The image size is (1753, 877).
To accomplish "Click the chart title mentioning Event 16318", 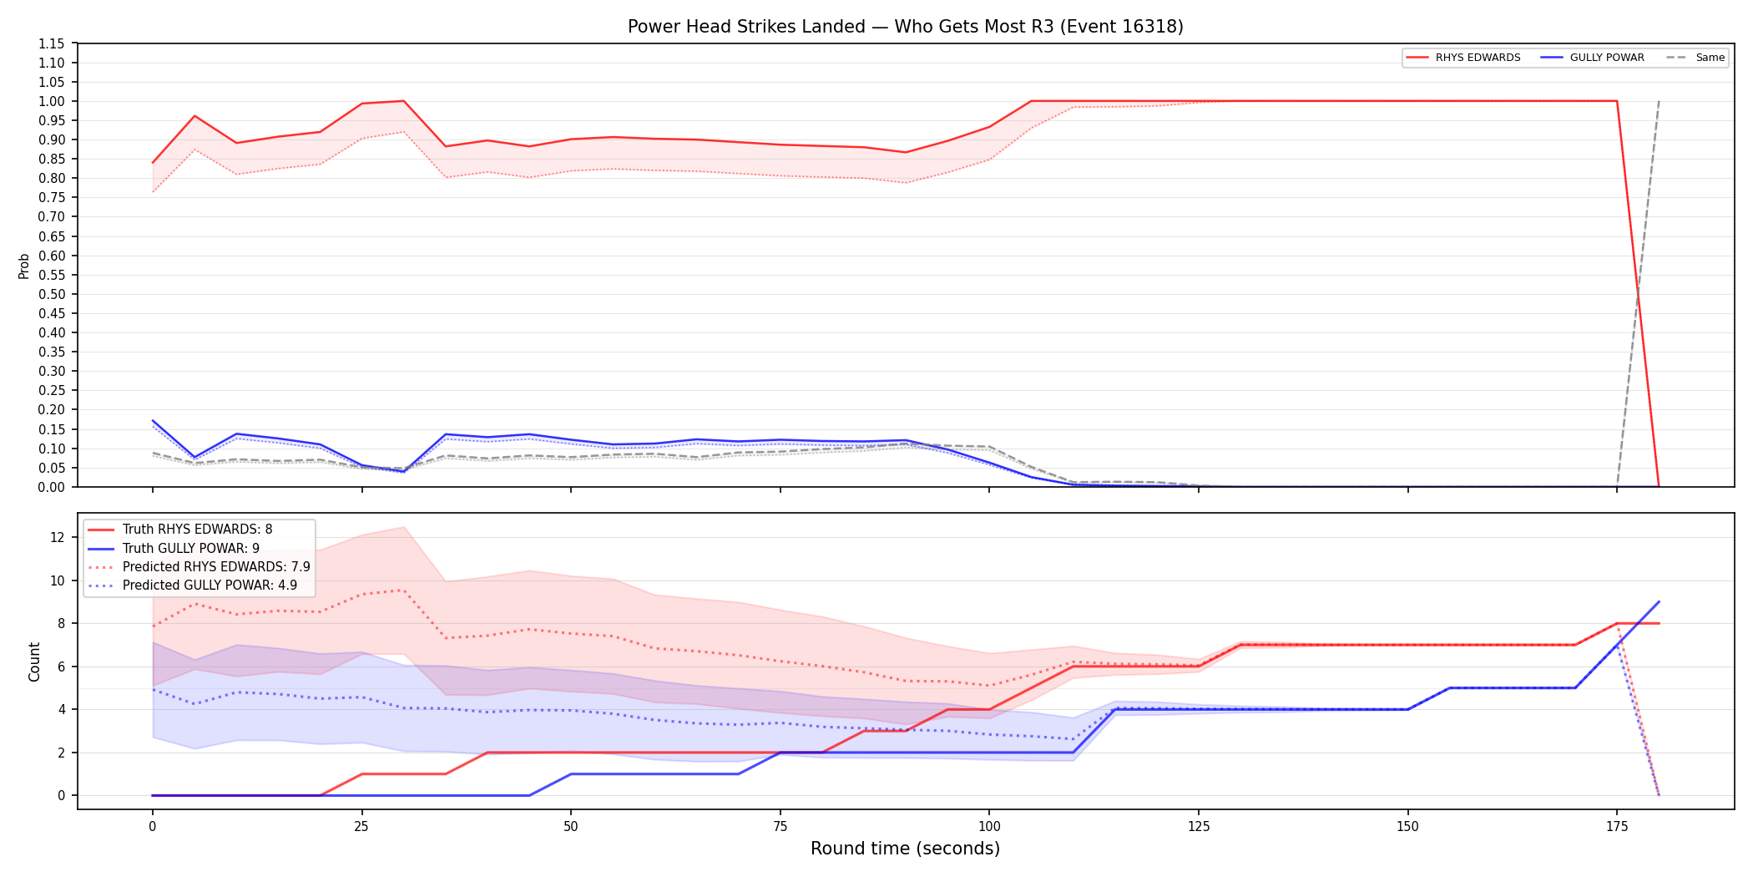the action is point(905,27).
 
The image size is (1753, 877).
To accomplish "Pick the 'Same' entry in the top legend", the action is point(1695,58).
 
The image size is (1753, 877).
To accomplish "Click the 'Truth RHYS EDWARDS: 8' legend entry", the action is point(180,530).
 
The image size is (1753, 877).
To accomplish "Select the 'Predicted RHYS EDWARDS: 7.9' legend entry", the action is point(199,567).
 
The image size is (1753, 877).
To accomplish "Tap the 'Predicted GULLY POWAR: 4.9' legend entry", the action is point(193,586).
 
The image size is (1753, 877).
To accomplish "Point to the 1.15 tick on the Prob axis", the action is point(52,43).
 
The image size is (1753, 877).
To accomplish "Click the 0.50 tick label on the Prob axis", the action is point(52,294).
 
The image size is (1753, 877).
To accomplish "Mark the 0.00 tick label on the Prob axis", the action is point(52,487).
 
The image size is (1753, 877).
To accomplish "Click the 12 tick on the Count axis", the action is point(58,537).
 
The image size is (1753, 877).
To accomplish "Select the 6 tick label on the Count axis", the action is point(62,667).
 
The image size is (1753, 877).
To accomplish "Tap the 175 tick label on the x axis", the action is point(1617,827).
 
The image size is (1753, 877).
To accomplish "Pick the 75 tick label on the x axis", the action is point(781,827).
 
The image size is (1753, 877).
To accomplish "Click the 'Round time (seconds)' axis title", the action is point(905,849).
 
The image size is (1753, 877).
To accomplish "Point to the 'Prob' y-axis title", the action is point(24,266).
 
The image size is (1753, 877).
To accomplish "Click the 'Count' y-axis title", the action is point(34,662).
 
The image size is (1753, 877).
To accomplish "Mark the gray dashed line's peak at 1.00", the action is point(1659,101).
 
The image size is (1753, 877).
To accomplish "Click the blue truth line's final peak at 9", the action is point(1659,601).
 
